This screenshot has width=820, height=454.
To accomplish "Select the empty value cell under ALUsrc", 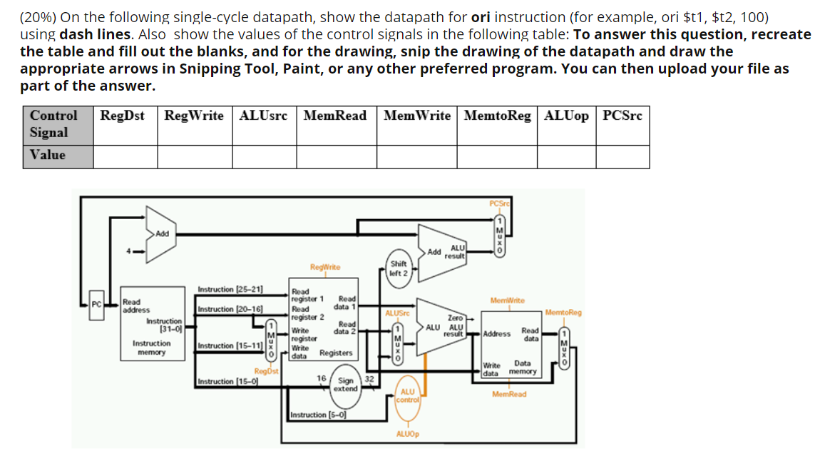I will (265, 156).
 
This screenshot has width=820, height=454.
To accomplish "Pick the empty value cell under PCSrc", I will (622, 156).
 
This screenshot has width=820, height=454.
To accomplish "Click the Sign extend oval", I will (347, 385).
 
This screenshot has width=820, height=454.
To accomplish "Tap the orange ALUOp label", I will (407, 433).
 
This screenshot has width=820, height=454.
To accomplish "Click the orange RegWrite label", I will (324, 267).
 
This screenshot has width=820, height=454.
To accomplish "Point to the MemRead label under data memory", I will (508, 394).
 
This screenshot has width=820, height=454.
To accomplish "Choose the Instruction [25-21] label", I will (230, 289).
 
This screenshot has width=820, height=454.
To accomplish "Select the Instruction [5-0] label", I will (317, 415).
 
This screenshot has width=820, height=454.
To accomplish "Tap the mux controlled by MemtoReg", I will (565, 348).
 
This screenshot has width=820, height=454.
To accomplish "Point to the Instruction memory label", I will (151, 348).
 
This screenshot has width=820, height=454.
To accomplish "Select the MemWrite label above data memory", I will (507, 301).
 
